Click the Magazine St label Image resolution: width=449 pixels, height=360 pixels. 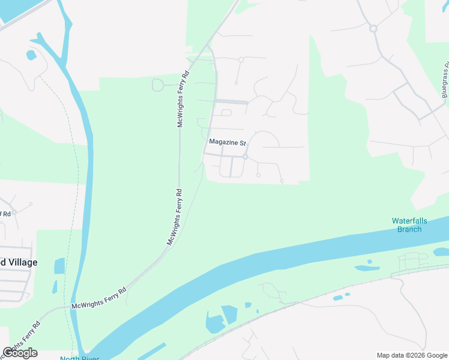tap(228, 143)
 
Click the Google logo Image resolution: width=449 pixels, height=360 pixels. tap(20, 352)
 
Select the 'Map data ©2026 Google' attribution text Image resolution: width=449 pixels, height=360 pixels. tap(412, 355)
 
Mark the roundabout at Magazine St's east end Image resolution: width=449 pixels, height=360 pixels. tap(246, 157)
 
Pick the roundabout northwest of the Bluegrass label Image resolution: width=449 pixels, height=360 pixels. tap(373, 28)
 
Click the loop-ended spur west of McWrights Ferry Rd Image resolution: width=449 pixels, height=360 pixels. tap(158, 85)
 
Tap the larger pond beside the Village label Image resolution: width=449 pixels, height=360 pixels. tap(59, 266)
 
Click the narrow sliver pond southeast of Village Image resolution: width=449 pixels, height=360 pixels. tap(55, 287)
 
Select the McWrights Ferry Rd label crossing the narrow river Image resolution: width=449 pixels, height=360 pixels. tap(98, 298)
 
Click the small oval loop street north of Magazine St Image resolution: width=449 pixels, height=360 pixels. tap(226, 112)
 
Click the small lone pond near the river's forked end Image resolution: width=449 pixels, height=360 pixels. tap(31, 55)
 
